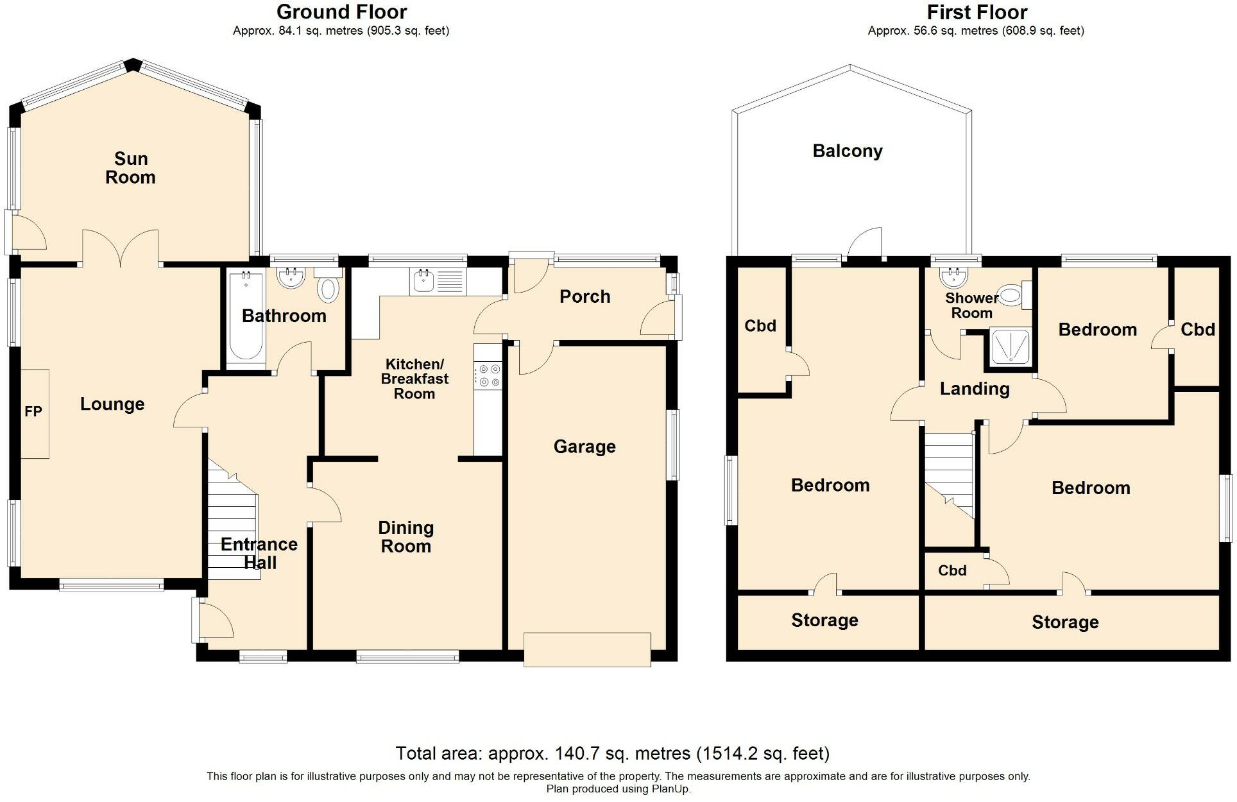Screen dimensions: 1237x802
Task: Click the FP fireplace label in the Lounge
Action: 33,411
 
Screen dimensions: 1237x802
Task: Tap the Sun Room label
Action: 131,168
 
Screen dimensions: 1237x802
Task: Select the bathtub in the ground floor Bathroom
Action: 246,318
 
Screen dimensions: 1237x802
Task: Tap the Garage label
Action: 584,447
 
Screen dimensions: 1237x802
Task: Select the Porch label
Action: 584,296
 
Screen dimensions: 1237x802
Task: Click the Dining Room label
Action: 406,537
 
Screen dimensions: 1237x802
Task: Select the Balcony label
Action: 848,151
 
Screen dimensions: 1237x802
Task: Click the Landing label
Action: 975,389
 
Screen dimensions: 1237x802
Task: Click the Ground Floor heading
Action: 341,12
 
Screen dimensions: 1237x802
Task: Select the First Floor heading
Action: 977,12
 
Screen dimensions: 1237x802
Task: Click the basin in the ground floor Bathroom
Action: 290,278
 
